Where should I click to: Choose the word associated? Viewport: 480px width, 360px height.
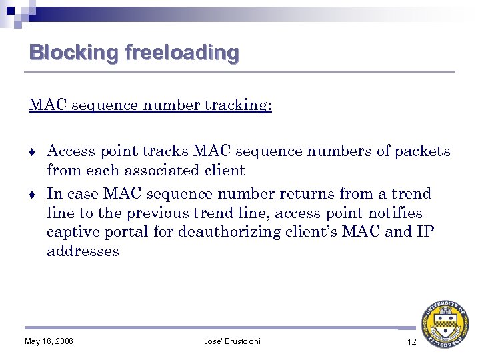coord(160,171)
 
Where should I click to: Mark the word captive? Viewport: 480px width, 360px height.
coord(73,233)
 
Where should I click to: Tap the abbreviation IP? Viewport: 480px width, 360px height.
coord(425,232)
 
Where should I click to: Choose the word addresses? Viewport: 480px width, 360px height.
coord(83,251)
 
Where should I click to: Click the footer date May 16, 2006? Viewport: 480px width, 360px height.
coord(49,341)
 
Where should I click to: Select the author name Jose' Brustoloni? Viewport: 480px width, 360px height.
coord(232,341)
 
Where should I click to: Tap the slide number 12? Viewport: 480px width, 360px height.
coord(411,341)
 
